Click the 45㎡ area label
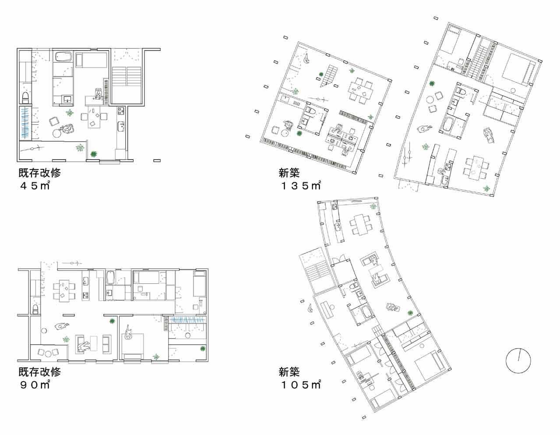click(x=35, y=186)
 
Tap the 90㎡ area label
click(x=35, y=385)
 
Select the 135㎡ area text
click(x=301, y=186)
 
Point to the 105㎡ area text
click(x=301, y=385)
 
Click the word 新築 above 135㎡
click(x=289, y=173)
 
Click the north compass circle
click(x=518, y=360)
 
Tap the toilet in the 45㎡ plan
click(x=26, y=97)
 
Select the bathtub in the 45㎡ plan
click(x=63, y=57)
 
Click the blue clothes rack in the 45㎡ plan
click(x=26, y=124)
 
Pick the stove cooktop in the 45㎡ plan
click(x=121, y=111)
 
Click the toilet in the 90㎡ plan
click(x=35, y=309)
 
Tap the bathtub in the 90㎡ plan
click(x=110, y=278)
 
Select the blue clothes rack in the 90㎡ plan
click(x=187, y=320)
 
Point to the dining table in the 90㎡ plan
click(x=64, y=291)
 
